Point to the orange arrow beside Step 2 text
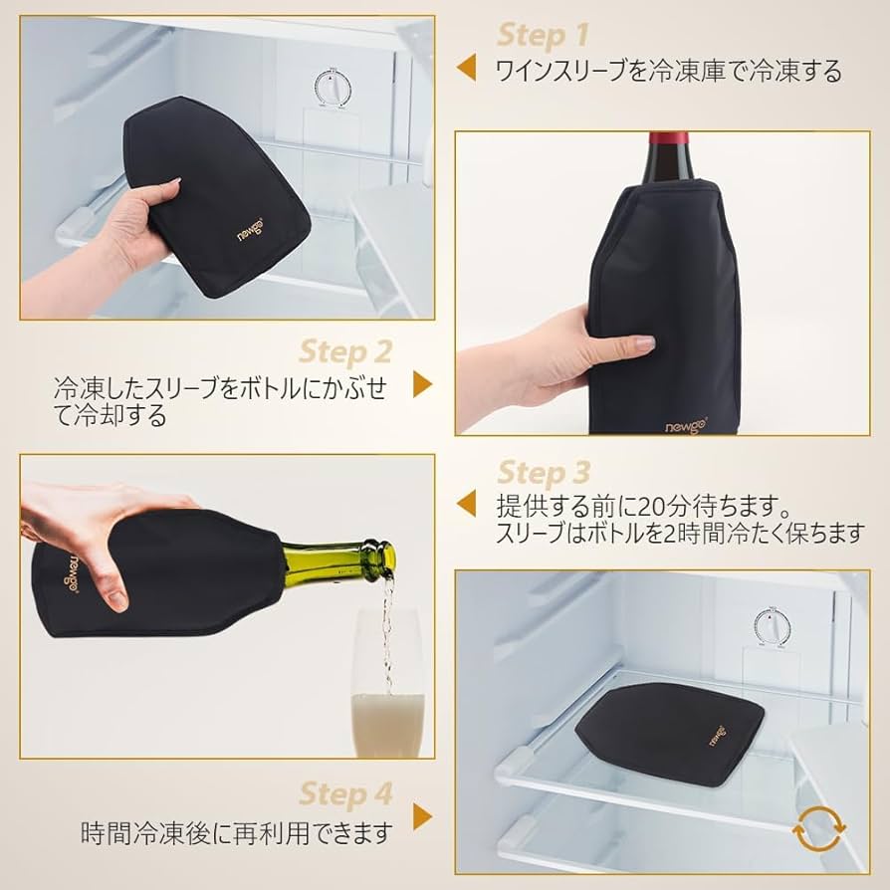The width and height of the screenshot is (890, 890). click(423, 384)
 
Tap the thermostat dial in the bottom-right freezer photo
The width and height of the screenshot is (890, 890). click(769, 628)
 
